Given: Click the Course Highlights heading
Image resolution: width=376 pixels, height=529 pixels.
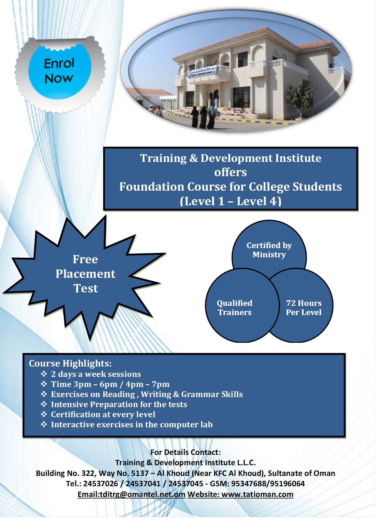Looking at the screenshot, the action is pos(70,363).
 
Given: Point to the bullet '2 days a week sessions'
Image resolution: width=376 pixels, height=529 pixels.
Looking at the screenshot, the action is pos(96,374).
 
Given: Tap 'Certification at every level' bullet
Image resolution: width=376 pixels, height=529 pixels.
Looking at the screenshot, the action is pos(103,414).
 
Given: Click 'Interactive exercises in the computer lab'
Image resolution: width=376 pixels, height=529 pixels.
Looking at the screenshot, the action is pos(132,424).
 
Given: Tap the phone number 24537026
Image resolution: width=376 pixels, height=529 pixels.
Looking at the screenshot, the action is pos(100,484).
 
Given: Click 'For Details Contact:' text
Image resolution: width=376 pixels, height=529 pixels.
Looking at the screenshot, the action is pos(186,452).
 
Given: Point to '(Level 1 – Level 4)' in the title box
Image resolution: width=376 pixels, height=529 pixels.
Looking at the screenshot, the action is pos(231,201).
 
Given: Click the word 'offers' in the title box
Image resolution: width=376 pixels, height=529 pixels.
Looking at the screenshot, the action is pos(231,172).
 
